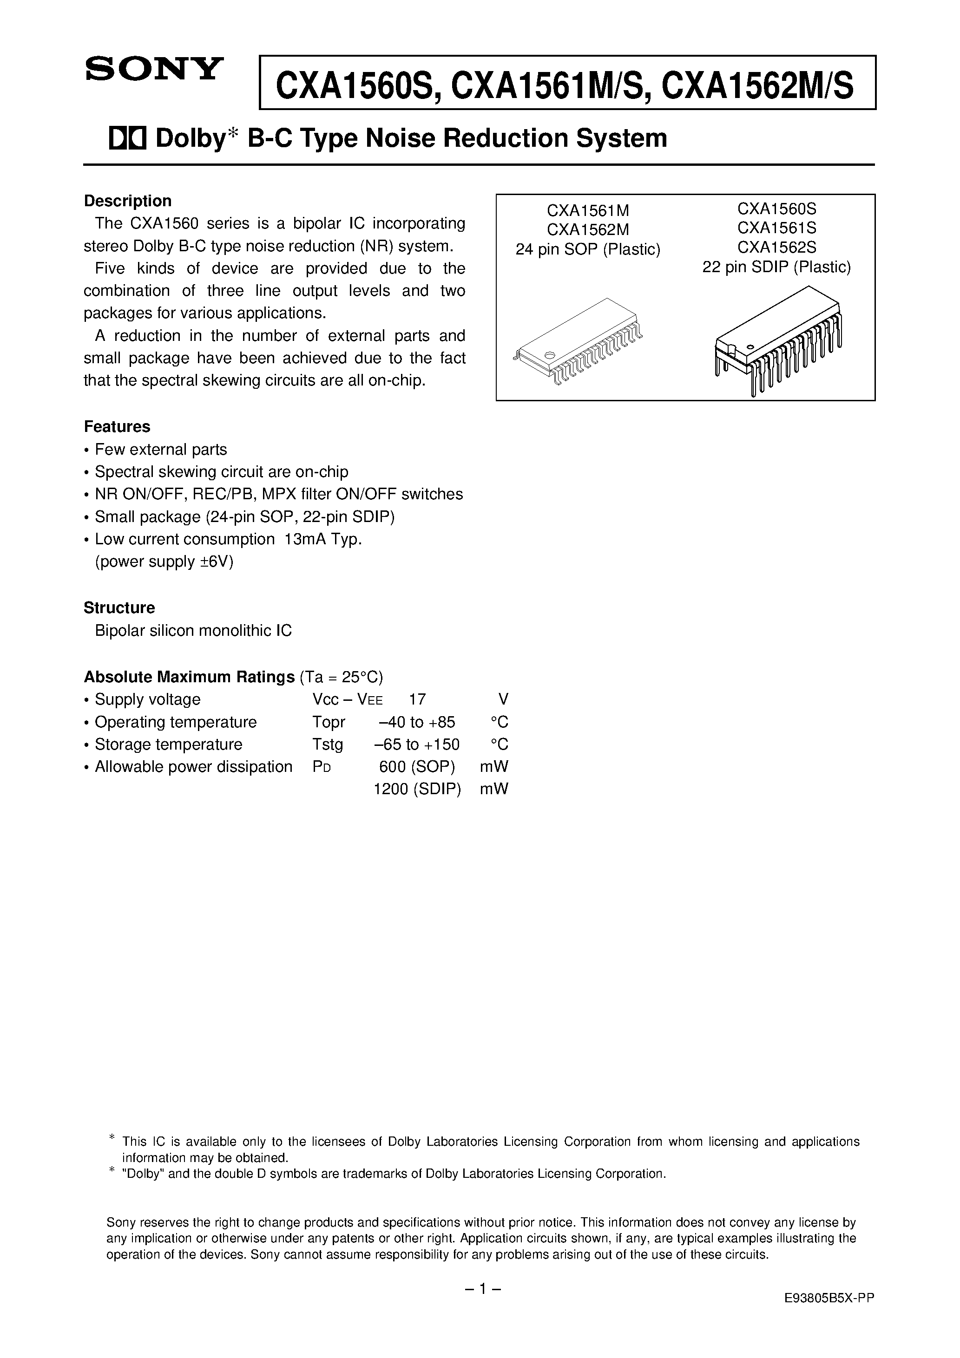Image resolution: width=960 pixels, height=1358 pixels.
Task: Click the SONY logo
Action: click(x=154, y=69)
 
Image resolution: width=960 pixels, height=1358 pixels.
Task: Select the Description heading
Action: click(x=127, y=201)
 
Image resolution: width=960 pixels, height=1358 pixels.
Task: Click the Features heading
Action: click(x=117, y=426)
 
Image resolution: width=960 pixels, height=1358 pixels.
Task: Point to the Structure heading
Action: click(x=119, y=607)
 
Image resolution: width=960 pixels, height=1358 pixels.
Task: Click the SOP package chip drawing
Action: click(x=578, y=343)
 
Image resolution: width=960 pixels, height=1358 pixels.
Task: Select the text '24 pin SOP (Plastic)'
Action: click(x=588, y=249)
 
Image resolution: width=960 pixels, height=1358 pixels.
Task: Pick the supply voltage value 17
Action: click(x=417, y=699)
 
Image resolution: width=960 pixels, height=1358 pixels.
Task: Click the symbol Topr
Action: click(x=329, y=722)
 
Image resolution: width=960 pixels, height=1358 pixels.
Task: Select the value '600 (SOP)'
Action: click(x=417, y=766)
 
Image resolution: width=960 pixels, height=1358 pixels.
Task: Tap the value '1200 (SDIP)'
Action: click(x=417, y=789)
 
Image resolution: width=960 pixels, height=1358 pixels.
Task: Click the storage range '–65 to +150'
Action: click(x=418, y=744)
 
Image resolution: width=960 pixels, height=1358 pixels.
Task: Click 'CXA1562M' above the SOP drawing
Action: click(x=588, y=229)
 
